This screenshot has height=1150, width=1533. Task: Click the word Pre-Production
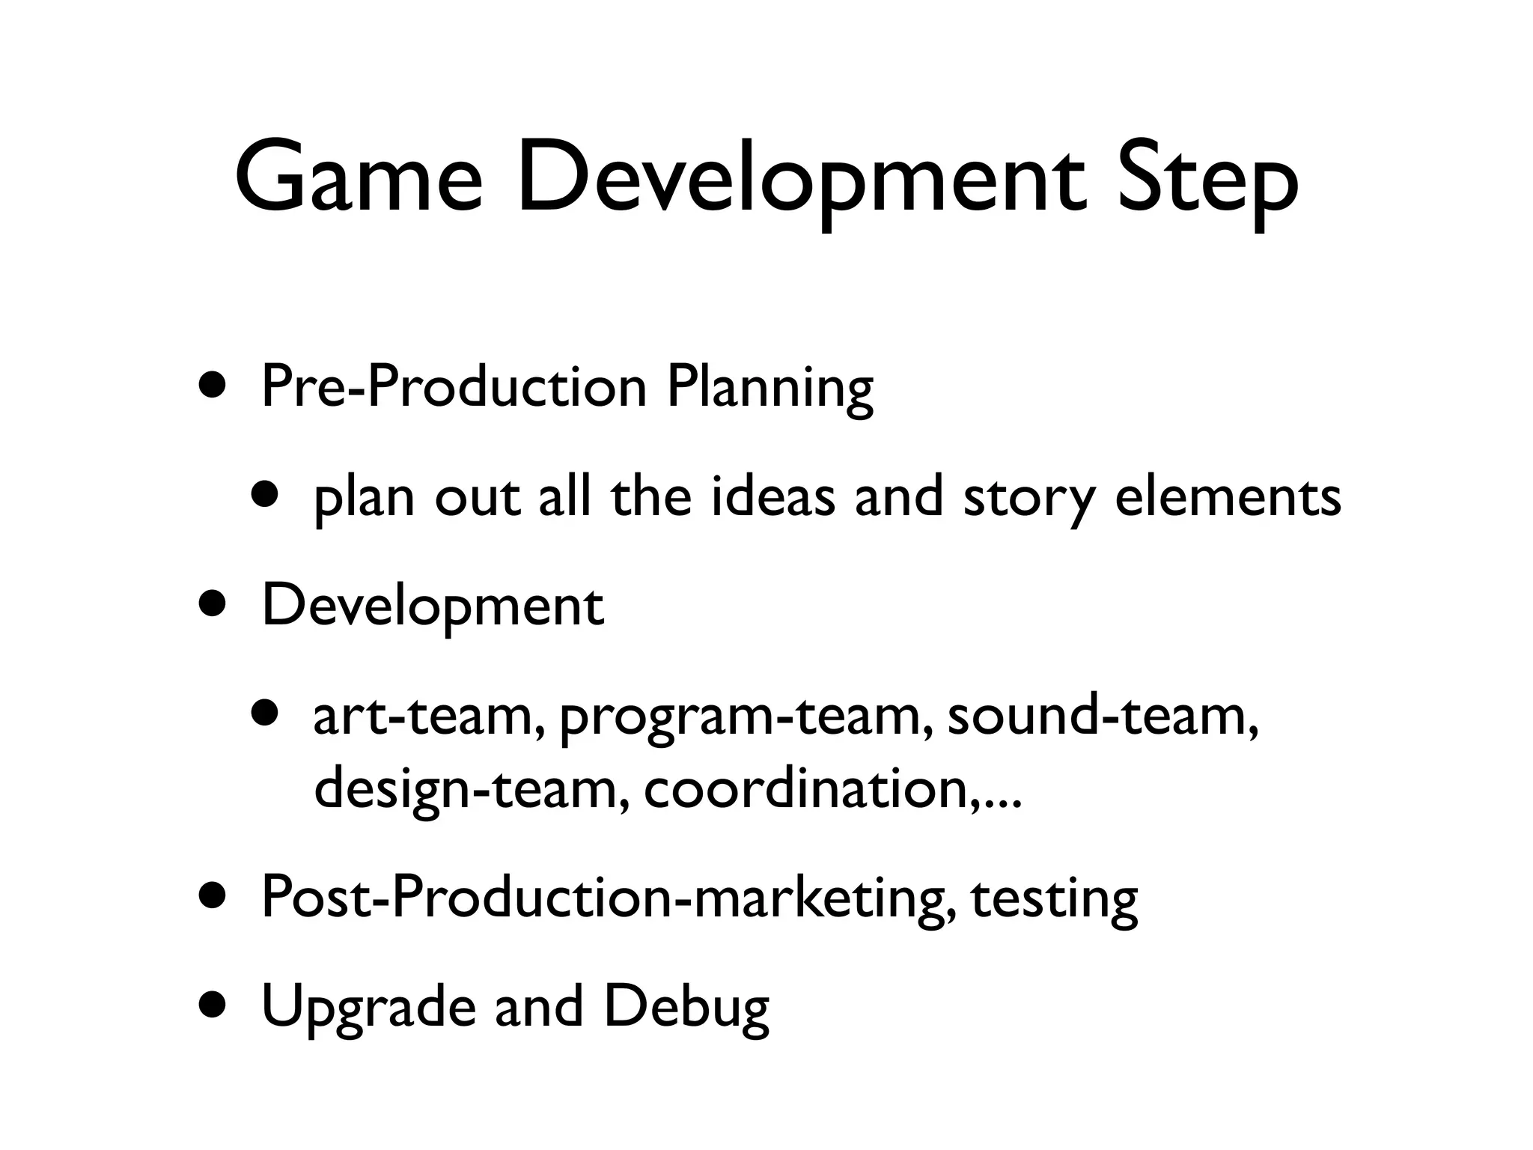click(454, 388)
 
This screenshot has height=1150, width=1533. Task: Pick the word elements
click(1228, 497)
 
